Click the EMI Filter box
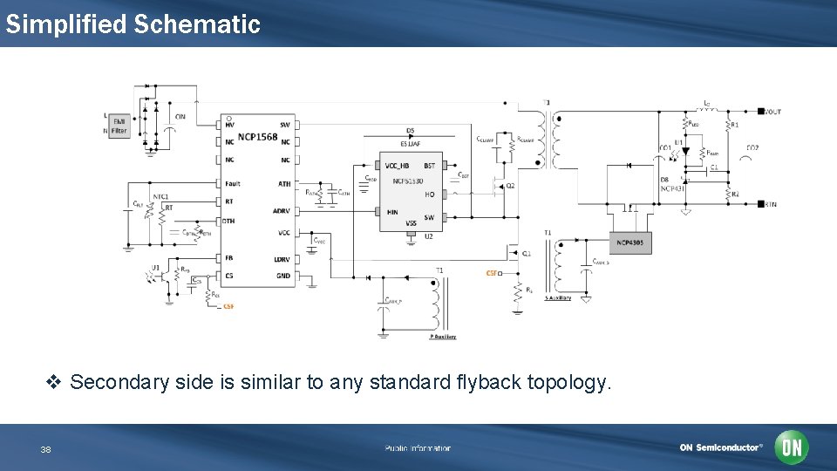[119, 126]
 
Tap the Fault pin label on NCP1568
[233, 183]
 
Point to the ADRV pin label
[282, 210]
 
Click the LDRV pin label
[282, 259]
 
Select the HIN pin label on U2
[391, 211]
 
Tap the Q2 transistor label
[511, 186]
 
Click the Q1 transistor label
[527, 254]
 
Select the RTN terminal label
[770, 204]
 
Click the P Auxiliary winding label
[443, 337]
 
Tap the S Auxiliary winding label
[558, 298]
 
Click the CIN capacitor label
[180, 116]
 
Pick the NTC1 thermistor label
[160, 196]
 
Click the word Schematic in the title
[197, 24]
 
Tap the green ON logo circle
[792, 447]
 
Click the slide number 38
[46, 449]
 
